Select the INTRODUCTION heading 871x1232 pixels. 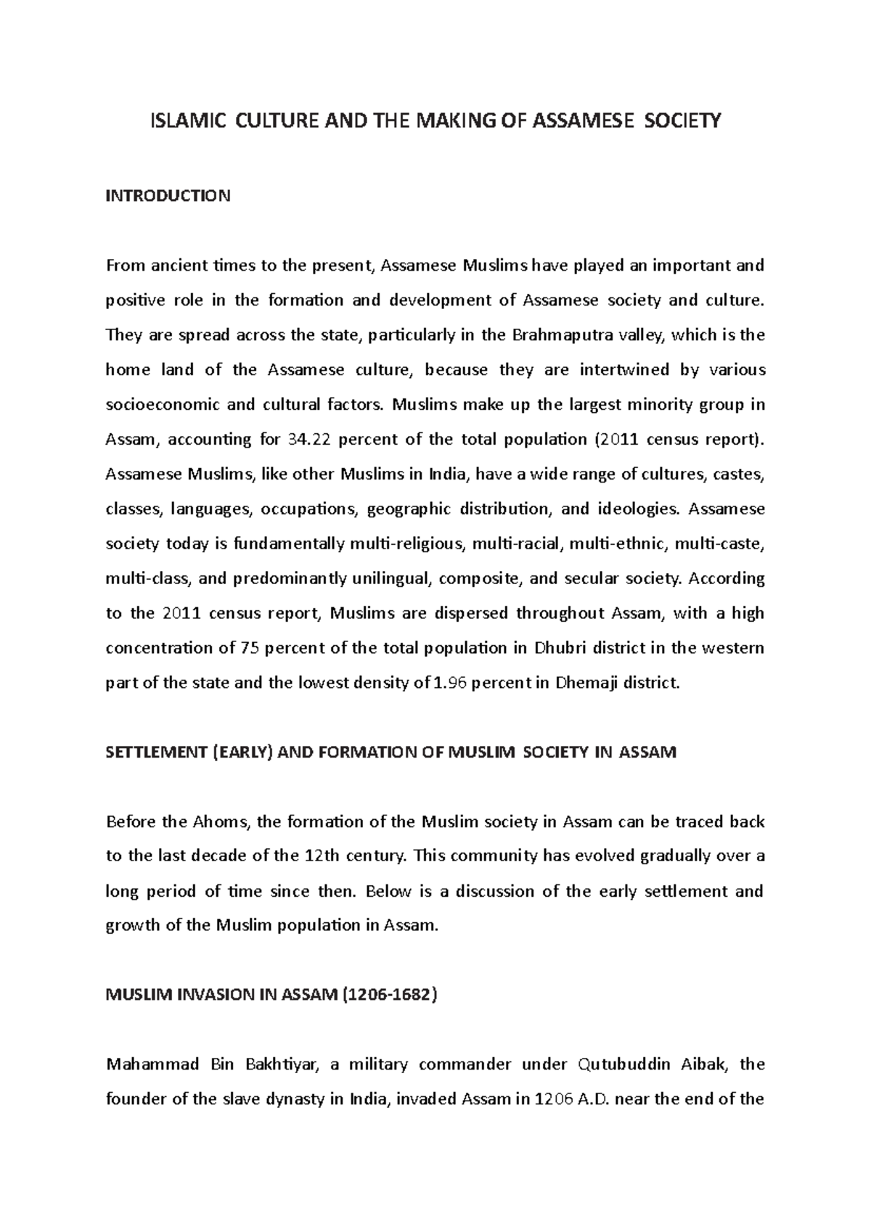168,196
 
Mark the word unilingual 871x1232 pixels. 391,579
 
